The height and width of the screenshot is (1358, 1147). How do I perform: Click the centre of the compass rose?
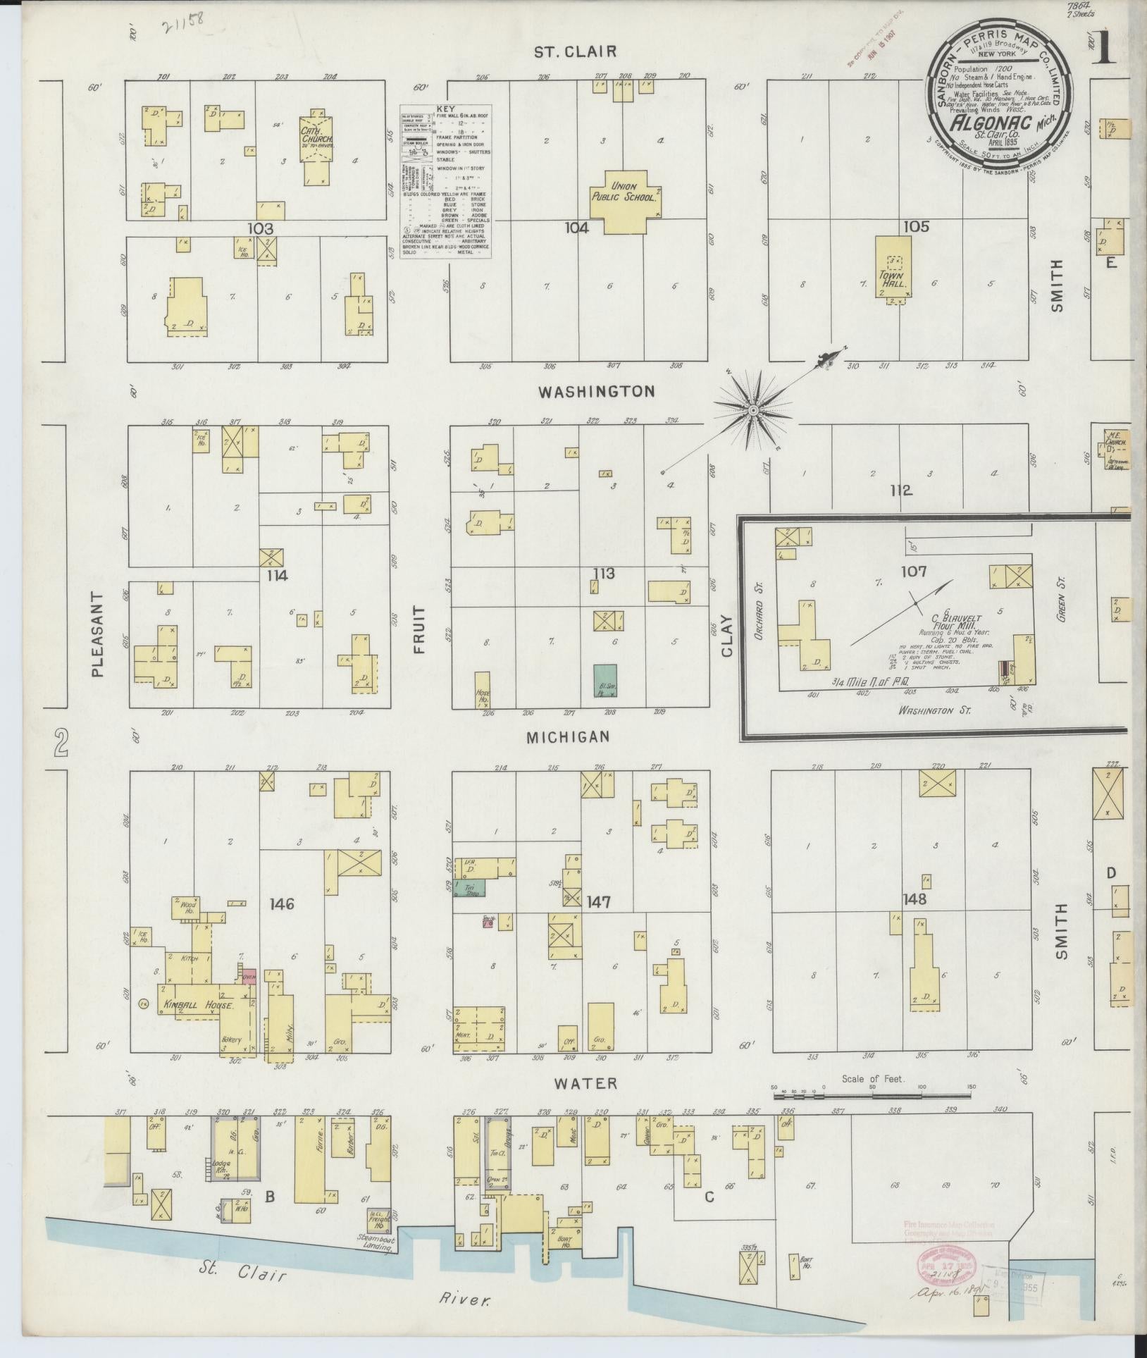pyautogui.click(x=753, y=409)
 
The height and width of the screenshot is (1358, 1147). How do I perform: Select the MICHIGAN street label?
pyautogui.click(x=568, y=736)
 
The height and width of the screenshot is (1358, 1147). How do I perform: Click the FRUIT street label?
pyautogui.click(x=420, y=629)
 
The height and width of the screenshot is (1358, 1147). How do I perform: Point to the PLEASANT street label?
pyautogui.click(x=97, y=634)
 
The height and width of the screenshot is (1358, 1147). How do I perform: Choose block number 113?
pyautogui.click(x=604, y=574)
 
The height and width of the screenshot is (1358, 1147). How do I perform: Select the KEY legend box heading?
pyautogui.click(x=446, y=109)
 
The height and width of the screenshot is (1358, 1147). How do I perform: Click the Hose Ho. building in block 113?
pyautogui.click(x=482, y=689)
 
